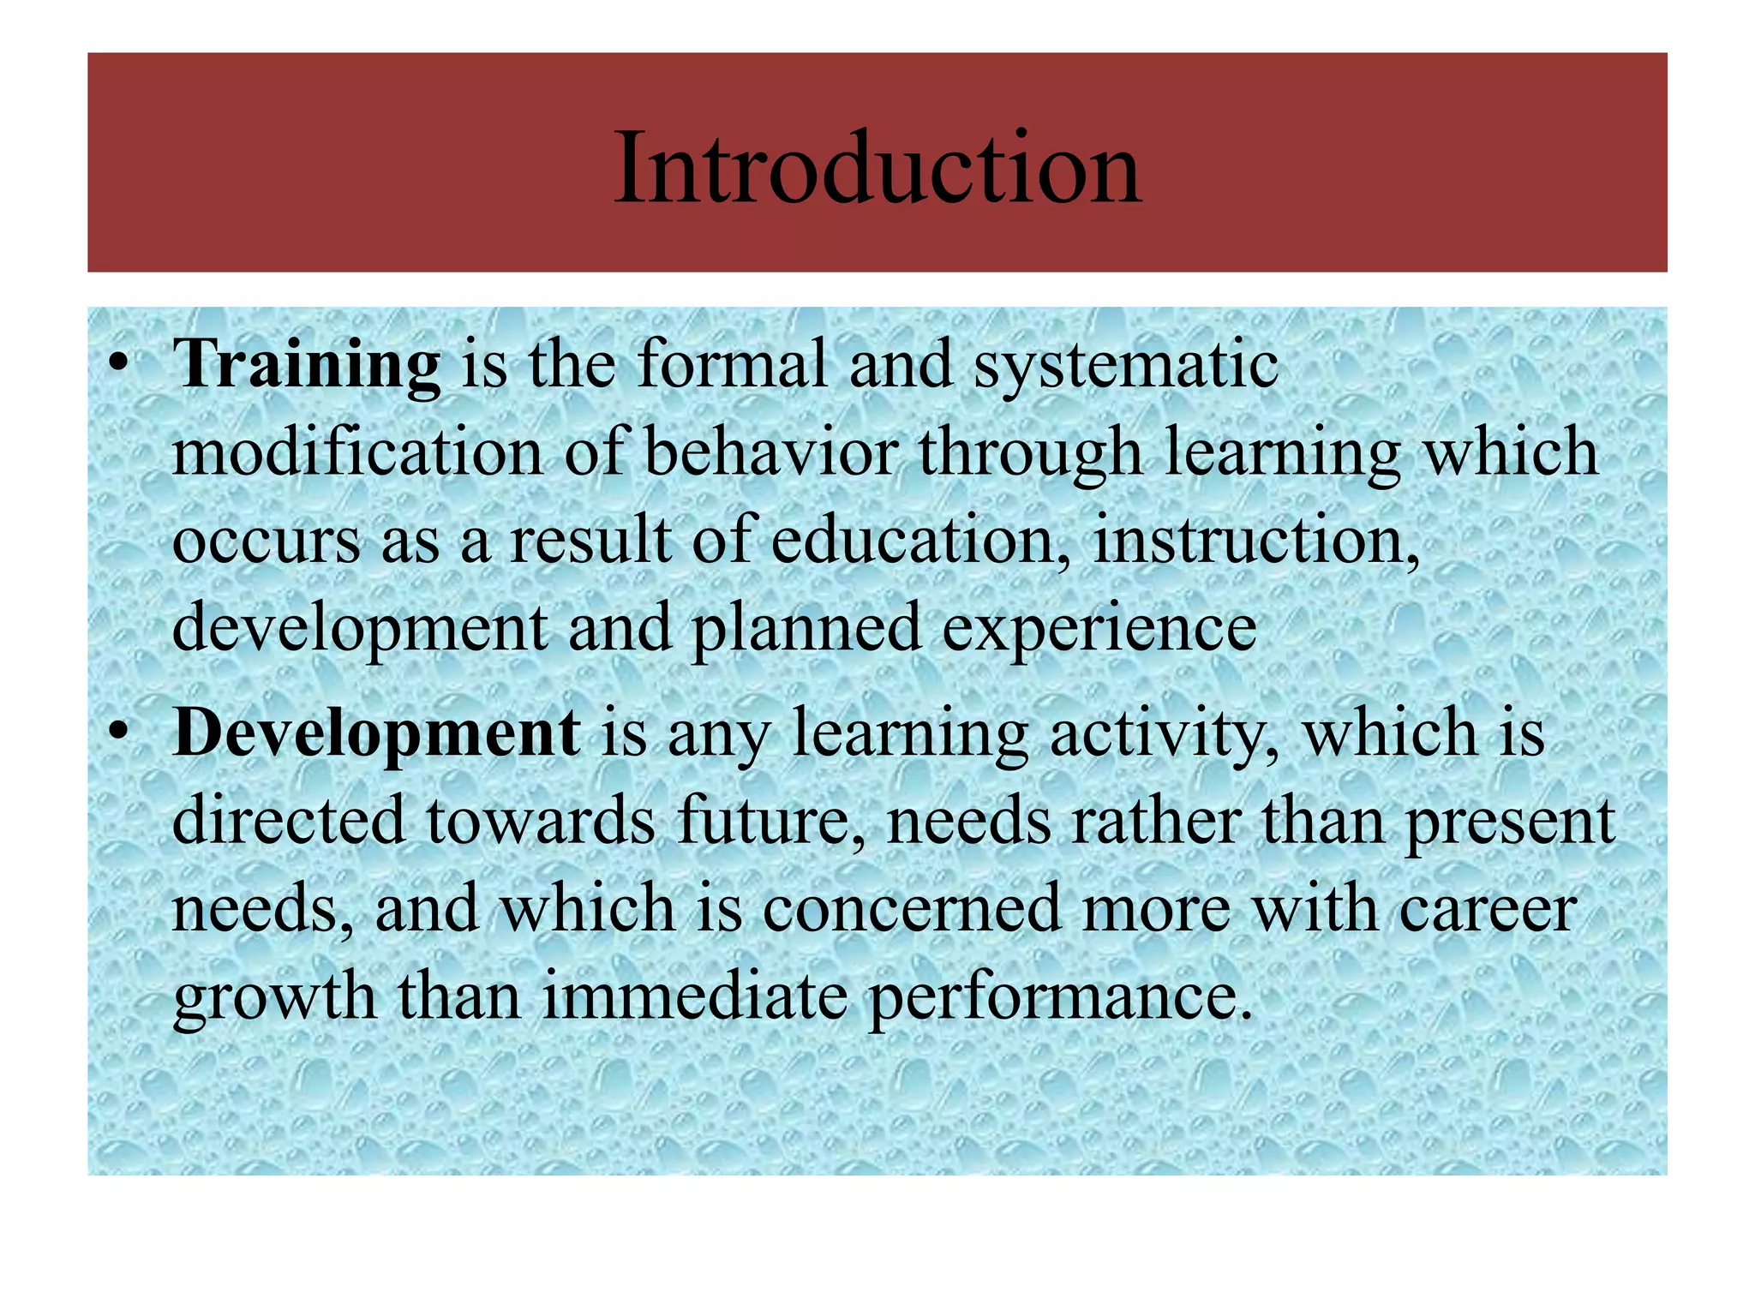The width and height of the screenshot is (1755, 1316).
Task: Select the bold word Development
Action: (376, 733)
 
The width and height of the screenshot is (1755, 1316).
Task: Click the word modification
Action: (357, 452)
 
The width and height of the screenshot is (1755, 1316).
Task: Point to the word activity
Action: (1165, 735)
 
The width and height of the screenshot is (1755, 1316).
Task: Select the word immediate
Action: (694, 997)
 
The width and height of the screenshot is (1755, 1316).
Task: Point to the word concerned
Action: (912, 910)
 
